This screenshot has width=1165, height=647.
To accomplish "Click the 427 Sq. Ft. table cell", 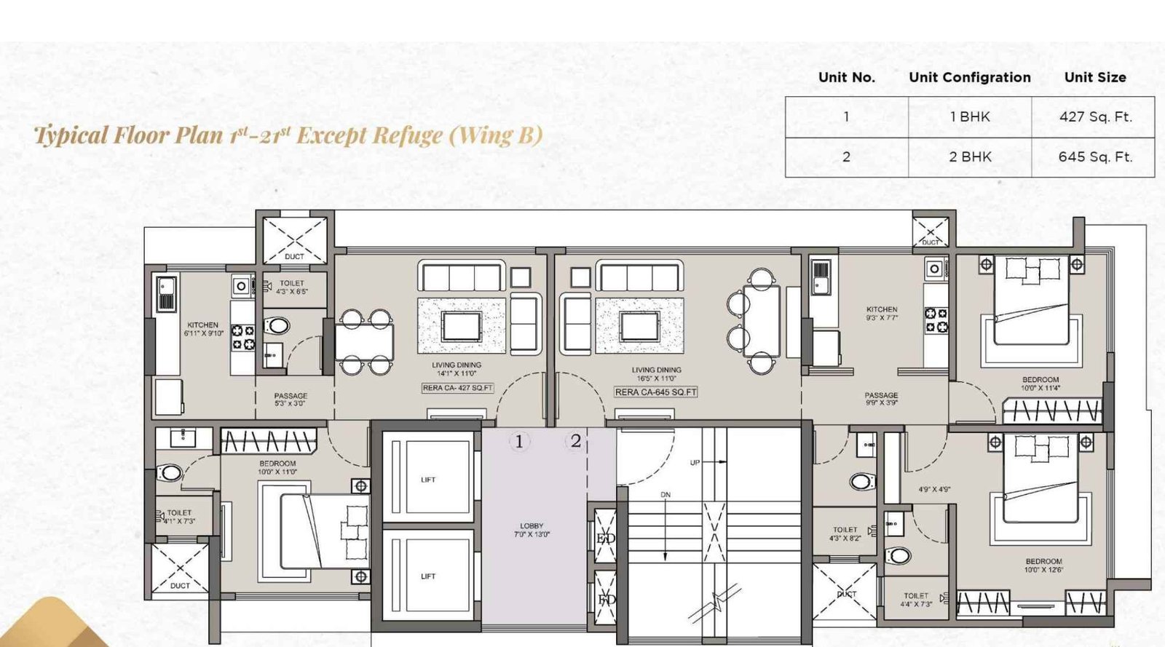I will pyautogui.click(x=1094, y=116).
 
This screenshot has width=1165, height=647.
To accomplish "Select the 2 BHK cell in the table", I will pyautogui.click(x=969, y=156).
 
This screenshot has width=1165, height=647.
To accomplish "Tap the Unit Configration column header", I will pyautogui.click(x=969, y=77).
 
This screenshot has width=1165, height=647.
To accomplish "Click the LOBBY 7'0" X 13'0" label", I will pyautogui.click(x=532, y=530).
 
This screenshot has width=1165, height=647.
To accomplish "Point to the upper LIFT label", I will pyautogui.click(x=428, y=480).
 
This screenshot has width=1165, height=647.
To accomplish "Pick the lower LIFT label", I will pyautogui.click(x=428, y=576).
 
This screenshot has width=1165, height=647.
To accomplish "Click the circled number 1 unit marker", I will pyautogui.click(x=519, y=441).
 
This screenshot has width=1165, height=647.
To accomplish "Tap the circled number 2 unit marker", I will pyautogui.click(x=575, y=440).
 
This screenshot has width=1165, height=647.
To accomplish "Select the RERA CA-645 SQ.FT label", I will pyautogui.click(x=656, y=392).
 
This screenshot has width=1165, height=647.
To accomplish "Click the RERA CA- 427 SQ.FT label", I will pyautogui.click(x=457, y=388).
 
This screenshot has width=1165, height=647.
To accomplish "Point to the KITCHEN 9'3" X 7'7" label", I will pyautogui.click(x=882, y=314).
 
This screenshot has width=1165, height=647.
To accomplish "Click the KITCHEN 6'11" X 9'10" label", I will pyautogui.click(x=203, y=329).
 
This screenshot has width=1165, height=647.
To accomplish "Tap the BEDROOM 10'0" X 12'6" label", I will pyautogui.click(x=1043, y=565).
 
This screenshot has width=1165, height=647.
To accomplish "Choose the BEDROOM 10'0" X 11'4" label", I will pyautogui.click(x=1040, y=384).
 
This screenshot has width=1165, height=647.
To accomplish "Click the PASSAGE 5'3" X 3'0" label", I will pyautogui.click(x=291, y=400).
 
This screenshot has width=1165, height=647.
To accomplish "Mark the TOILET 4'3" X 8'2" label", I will pyautogui.click(x=845, y=534).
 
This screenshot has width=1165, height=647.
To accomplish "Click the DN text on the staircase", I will pyautogui.click(x=665, y=495).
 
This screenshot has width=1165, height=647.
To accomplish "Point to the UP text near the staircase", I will pyautogui.click(x=695, y=463).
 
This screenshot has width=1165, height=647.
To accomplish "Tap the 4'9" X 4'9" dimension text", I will pyautogui.click(x=933, y=490).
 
